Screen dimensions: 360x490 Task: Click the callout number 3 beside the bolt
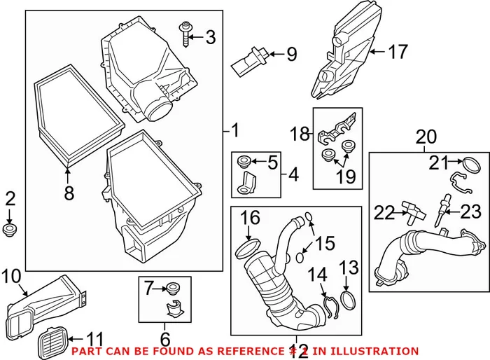211,37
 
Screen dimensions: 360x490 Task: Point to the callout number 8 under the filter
69,193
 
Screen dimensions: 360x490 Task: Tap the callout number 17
397,51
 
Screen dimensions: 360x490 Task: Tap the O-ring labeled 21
470,165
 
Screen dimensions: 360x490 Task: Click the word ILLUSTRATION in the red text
374,351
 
